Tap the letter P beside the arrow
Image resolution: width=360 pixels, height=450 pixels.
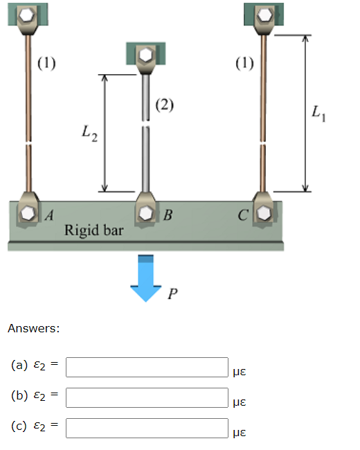coord(172,295)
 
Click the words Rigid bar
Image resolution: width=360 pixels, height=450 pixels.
coord(93,230)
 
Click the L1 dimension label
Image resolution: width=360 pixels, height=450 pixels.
coord(319,112)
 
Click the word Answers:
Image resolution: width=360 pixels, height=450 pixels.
coord(33,328)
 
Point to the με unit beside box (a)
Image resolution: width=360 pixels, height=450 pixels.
coord(241,372)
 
